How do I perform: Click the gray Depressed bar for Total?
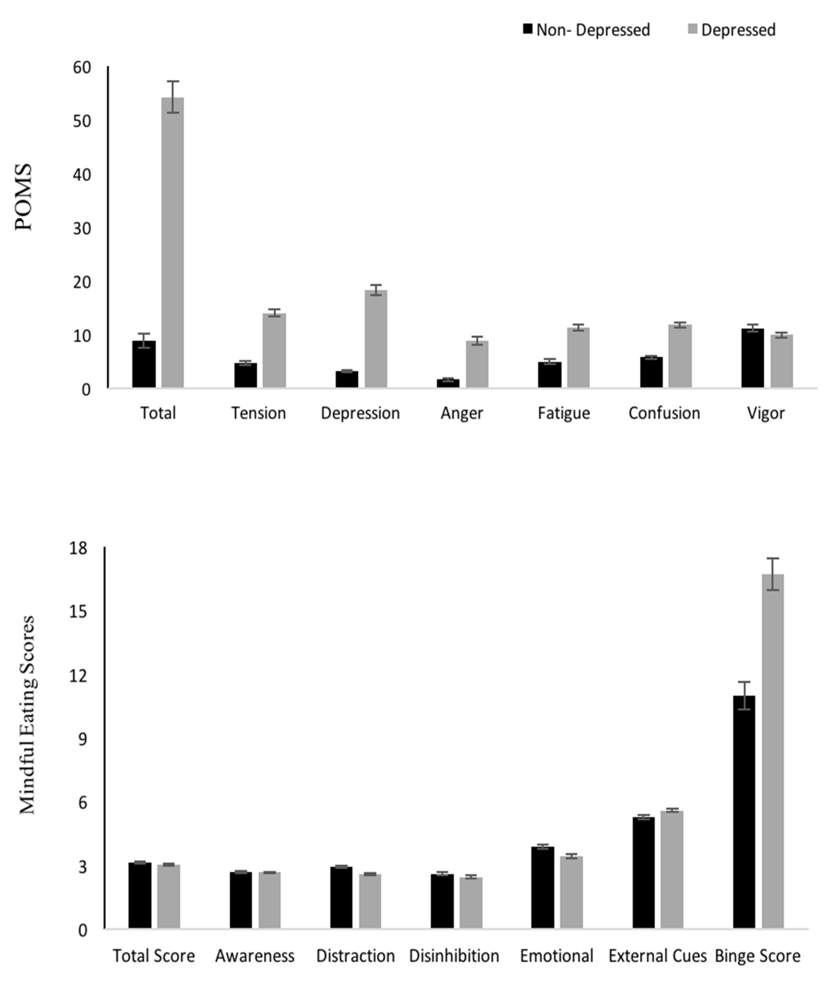(172, 242)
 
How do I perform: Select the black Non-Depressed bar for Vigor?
(752, 358)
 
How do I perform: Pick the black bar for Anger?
(447, 383)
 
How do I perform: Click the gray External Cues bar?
(671, 870)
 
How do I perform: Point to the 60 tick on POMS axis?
(82, 68)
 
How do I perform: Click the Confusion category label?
(664, 413)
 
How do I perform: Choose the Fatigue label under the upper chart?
(563, 413)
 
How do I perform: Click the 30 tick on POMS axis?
(82, 228)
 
